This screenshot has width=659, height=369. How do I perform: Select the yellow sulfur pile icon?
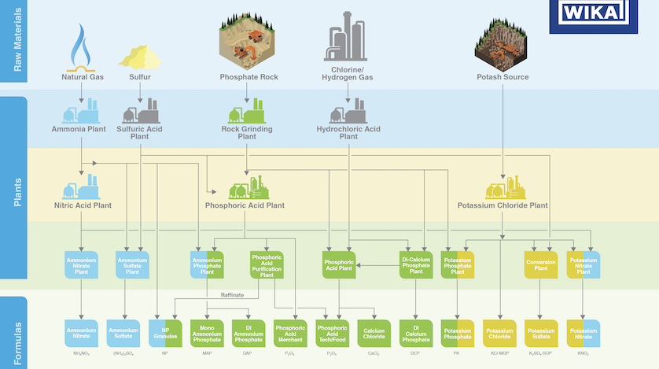pos(139,56)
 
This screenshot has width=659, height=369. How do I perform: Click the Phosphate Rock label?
pos(249,77)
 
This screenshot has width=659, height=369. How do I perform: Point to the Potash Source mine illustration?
pos(503,43)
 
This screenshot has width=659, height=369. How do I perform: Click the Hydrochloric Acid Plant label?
pos(348,132)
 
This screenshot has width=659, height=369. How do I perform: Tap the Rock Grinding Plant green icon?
pos(247,110)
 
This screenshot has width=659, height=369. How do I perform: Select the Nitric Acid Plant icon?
pos(82,187)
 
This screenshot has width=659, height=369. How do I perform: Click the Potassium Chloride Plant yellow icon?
pos(503,187)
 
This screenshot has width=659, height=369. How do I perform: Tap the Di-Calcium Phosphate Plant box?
pos(416,265)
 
